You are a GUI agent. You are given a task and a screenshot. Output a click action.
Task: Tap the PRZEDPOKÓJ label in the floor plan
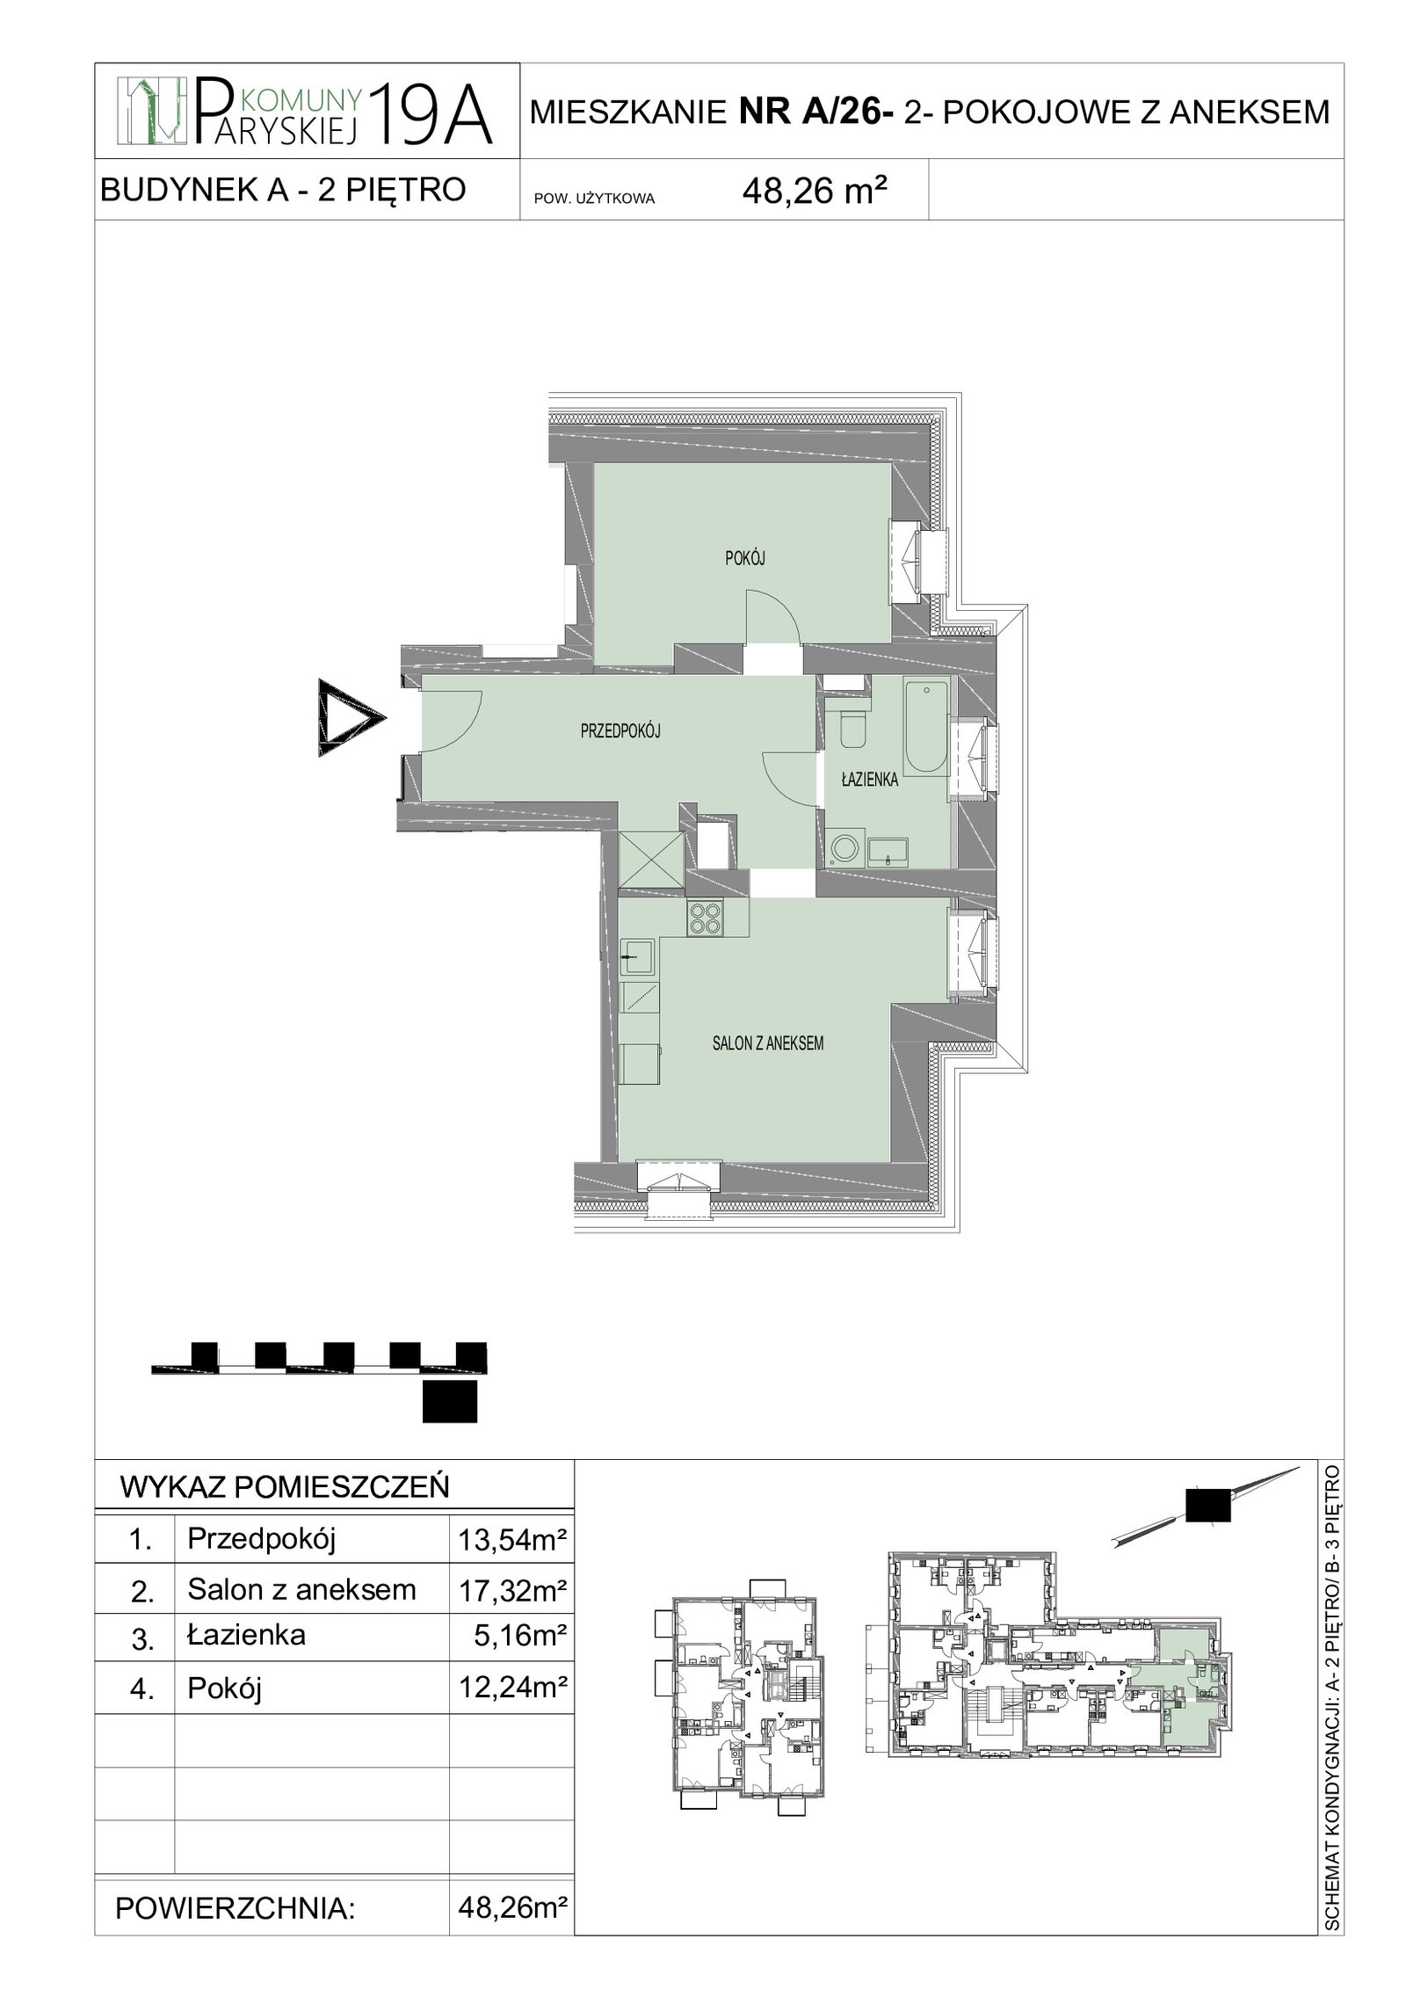[620, 730]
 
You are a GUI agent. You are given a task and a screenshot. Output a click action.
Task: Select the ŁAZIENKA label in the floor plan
[869, 779]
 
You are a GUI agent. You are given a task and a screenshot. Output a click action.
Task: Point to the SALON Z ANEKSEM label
[768, 1043]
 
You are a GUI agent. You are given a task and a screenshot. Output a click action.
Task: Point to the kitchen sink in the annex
[637, 956]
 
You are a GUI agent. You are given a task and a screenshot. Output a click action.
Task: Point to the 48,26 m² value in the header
[814, 192]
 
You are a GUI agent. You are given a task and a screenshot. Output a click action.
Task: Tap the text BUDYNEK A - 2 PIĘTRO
[283, 189]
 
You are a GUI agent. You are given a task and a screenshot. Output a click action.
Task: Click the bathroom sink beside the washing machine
[888, 851]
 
